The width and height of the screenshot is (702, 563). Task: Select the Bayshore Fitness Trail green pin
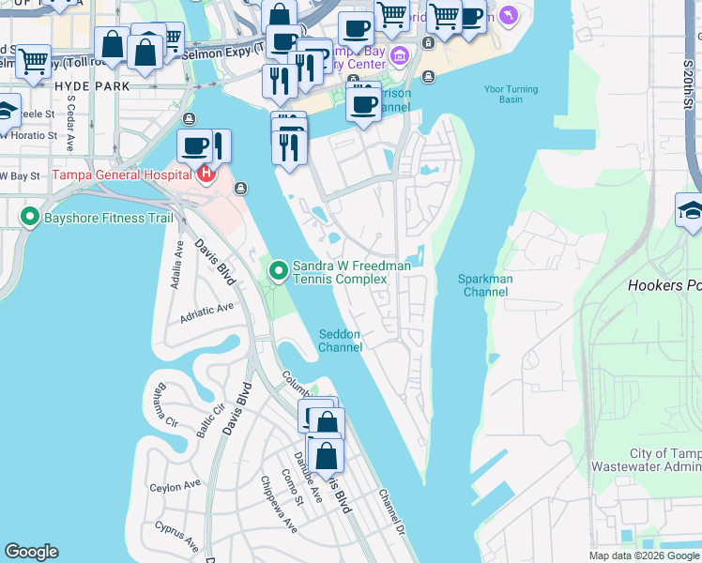(30, 219)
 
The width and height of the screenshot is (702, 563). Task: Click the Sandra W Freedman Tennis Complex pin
(279, 272)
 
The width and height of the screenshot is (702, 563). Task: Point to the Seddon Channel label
(340, 341)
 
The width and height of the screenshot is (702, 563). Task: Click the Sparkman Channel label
(483, 285)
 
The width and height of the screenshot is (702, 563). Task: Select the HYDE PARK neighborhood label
(91, 84)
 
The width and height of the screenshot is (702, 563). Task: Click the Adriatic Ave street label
(206, 309)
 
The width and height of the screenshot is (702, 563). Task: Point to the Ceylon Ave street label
(175, 486)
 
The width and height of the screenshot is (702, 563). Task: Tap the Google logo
(31, 552)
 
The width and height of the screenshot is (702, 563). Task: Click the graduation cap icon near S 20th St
(689, 211)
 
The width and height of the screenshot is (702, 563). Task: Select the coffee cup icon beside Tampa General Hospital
(193, 146)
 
